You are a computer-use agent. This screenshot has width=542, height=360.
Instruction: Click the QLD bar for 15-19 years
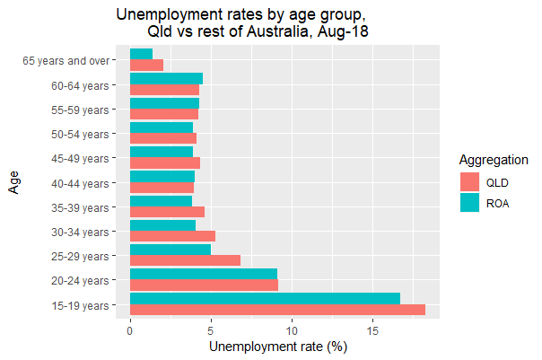click(277, 310)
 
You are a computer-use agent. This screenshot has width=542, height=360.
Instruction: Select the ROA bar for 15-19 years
click(265, 298)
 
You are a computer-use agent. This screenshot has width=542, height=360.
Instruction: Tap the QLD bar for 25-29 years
click(185, 260)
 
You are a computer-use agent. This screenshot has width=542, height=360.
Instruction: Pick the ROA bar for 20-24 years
click(204, 274)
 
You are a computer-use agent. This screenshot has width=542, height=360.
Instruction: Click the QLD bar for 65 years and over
click(146, 66)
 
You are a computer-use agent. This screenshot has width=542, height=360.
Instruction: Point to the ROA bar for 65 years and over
click(141, 54)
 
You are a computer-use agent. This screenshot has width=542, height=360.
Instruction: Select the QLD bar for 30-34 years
click(172, 236)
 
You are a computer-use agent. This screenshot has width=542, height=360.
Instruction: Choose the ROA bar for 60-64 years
click(166, 78)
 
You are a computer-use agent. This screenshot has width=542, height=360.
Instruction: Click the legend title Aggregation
click(493, 160)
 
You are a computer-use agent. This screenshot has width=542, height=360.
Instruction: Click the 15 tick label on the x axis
click(372, 329)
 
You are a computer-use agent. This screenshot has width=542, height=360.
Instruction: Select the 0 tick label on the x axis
click(130, 329)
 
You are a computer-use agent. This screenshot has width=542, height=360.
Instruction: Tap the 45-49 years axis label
click(81, 158)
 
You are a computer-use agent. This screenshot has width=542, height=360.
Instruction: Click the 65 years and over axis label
click(66, 61)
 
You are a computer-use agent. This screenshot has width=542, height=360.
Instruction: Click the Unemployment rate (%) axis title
click(277, 346)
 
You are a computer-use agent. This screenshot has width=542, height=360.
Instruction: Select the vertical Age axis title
click(14, 183)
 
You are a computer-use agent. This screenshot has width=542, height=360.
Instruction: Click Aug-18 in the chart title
click(340, 32)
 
